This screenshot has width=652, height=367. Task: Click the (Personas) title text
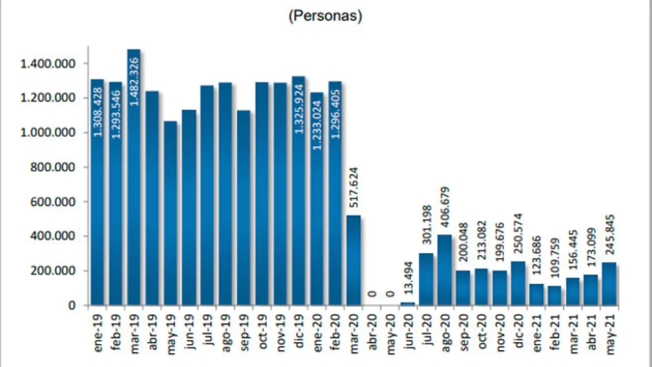pos(325,16)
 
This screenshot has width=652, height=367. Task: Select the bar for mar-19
pos(134,178)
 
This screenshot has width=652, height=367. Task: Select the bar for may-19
pos(171,214)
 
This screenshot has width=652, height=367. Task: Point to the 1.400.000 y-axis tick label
pos(47,64)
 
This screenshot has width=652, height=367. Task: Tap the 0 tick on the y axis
pos(73,305)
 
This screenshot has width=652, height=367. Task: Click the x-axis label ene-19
pos(98,331)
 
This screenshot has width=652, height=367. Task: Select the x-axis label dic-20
pos(518,331)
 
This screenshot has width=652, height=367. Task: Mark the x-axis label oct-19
pos(262,331)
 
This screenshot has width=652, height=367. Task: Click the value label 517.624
pos(352,188)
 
